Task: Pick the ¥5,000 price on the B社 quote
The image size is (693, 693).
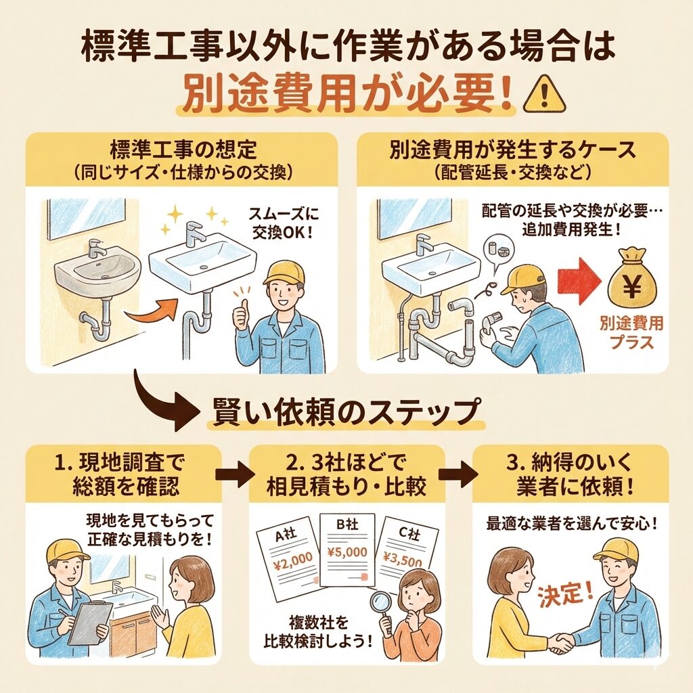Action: pyautogui.click(x=347, y=552)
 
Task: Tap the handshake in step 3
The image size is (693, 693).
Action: pyautogui.click(x=562, y=642)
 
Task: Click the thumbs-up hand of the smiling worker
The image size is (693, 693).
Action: pyautogui.click(x=242, y=317)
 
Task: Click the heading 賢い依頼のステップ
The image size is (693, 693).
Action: pyautogui.click(x=345, y=412)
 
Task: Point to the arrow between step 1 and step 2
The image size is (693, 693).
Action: pyautogui.click(x=235, y=474)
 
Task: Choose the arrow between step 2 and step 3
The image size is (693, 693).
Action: pyautogui.click(x=458, y=474)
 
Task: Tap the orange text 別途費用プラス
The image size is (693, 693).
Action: pyautogui.click(x=631, y=332)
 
